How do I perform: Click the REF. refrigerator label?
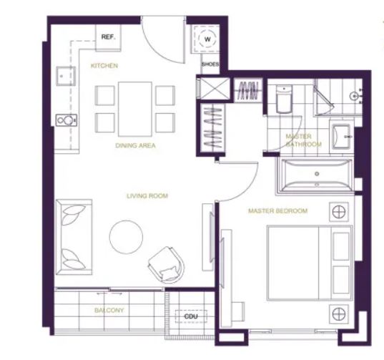108,37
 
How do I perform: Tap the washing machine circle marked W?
207,39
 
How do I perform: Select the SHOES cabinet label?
210,64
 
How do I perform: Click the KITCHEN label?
104,66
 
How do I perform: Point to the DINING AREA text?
135,145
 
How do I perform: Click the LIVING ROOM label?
147,196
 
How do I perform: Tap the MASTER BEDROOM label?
278,210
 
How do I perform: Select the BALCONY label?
109,310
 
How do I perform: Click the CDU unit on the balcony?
191,316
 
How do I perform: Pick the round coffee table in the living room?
126,237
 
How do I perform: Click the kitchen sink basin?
66,76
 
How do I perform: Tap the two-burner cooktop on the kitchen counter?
67,120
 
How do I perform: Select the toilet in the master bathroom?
284,99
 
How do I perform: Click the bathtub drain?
317,174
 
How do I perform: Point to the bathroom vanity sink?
342,136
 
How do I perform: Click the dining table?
135,109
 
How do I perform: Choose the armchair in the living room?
167,265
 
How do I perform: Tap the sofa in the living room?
74,237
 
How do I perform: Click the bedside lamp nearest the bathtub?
339,212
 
